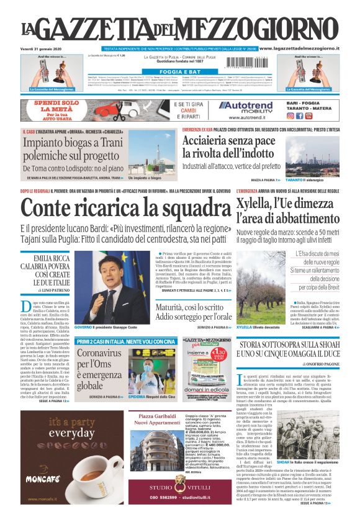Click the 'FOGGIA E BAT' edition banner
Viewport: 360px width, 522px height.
180,72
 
